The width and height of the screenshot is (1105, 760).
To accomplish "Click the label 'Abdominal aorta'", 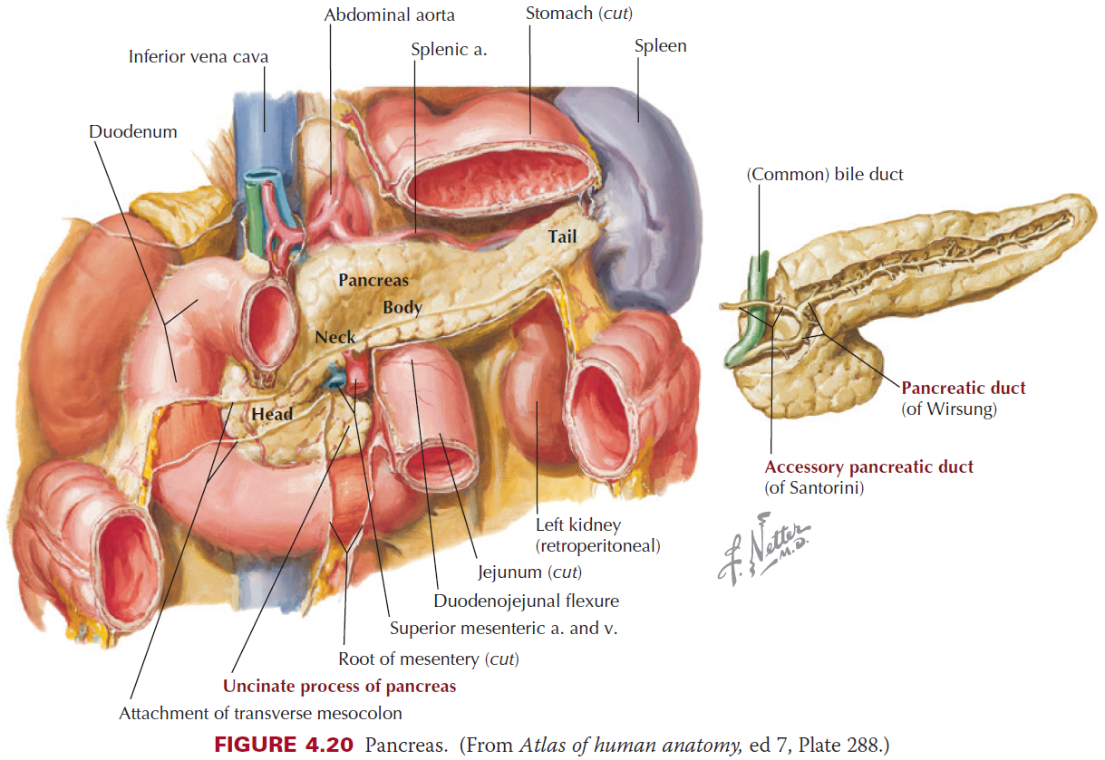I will [389, 14].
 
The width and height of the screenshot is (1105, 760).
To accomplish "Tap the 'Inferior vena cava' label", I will [199, 57].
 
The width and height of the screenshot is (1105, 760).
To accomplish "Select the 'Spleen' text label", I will [660, 46].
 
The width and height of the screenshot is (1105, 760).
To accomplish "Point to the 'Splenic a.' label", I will [449, 50].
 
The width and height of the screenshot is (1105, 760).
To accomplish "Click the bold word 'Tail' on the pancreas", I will [562, 237].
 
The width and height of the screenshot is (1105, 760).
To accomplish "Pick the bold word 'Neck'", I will [335, 338].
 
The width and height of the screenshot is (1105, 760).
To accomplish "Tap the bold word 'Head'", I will [272, 414].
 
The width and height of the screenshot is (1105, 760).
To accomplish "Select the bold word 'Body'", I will [402, 307].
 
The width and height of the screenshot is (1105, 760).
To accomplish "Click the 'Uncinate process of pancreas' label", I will [339, 686].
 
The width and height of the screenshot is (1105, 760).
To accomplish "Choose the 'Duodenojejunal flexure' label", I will [526, 601].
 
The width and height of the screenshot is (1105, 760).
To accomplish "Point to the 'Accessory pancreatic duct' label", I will [868, 467].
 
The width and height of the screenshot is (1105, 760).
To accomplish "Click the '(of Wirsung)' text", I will [949, 409].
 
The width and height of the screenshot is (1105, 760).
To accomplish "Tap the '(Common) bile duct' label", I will [824, 174].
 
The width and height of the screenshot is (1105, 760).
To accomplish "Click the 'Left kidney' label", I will [578, 524].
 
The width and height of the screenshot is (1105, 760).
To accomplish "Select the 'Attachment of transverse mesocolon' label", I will [260, 713].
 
